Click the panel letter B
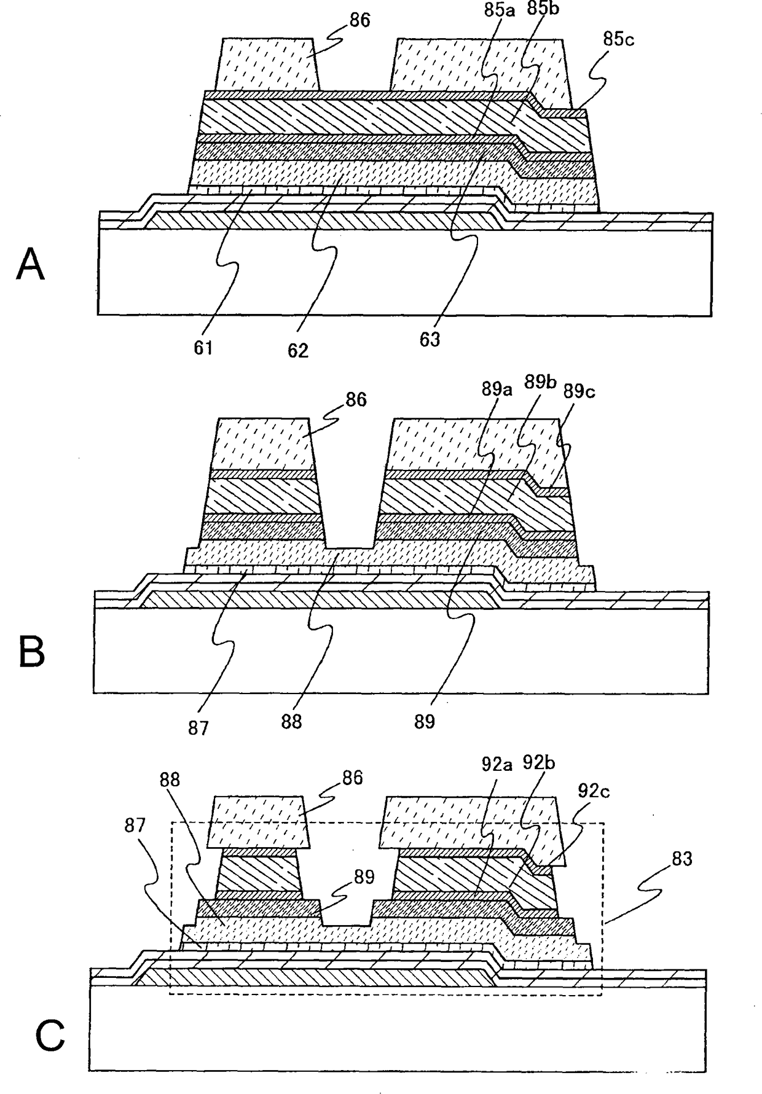32,653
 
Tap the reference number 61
203,348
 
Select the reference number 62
298,350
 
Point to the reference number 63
430,339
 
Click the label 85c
618,39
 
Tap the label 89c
580,391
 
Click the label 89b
540,382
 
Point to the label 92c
593,791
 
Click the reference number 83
677,859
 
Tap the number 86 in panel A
359,20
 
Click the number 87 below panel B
198,729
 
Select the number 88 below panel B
292,721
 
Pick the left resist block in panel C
257,821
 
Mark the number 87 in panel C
135,825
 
